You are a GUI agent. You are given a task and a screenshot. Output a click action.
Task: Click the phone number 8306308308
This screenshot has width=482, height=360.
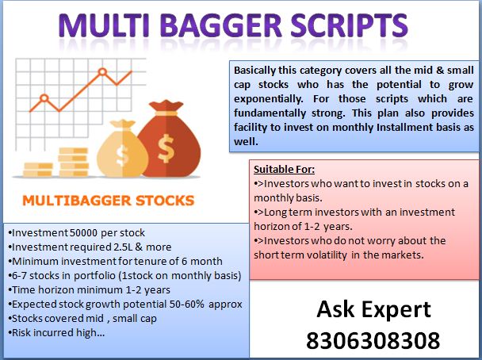pyautogui.click(x=373, y=340)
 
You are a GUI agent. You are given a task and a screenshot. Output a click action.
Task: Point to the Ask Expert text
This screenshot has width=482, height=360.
pyautogui.click(x=373, y=310)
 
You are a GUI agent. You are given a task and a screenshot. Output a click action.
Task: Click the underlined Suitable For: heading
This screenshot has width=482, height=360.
pyautogui.click(x=284, y=170)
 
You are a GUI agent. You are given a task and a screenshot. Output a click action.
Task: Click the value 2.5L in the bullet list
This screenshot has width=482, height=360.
pyautogui.click(x=111, y=247)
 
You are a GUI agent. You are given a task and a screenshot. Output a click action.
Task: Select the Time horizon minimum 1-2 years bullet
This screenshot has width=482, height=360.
pyautogui.click(x=81, y=290)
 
